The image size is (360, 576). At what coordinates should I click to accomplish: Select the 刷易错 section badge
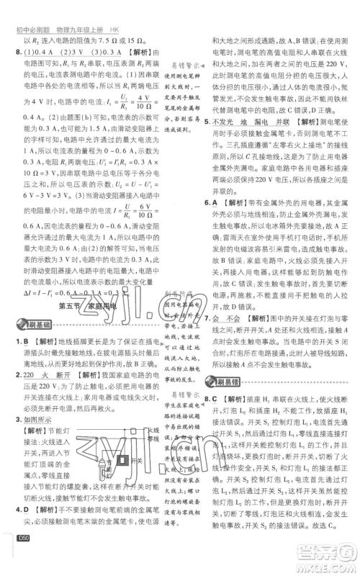click(x=222, y=380)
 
